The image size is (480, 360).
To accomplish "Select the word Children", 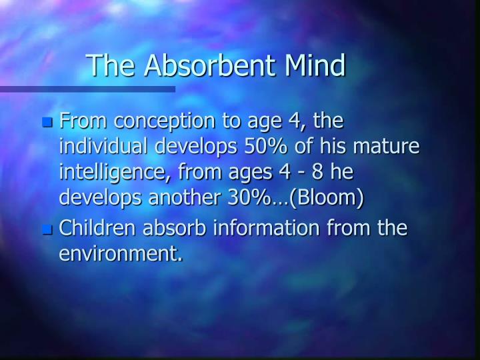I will (x=93, y=229).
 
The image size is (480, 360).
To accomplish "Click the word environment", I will (x=121, y=253).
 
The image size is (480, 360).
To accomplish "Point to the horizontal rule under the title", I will (x=87, y=89).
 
